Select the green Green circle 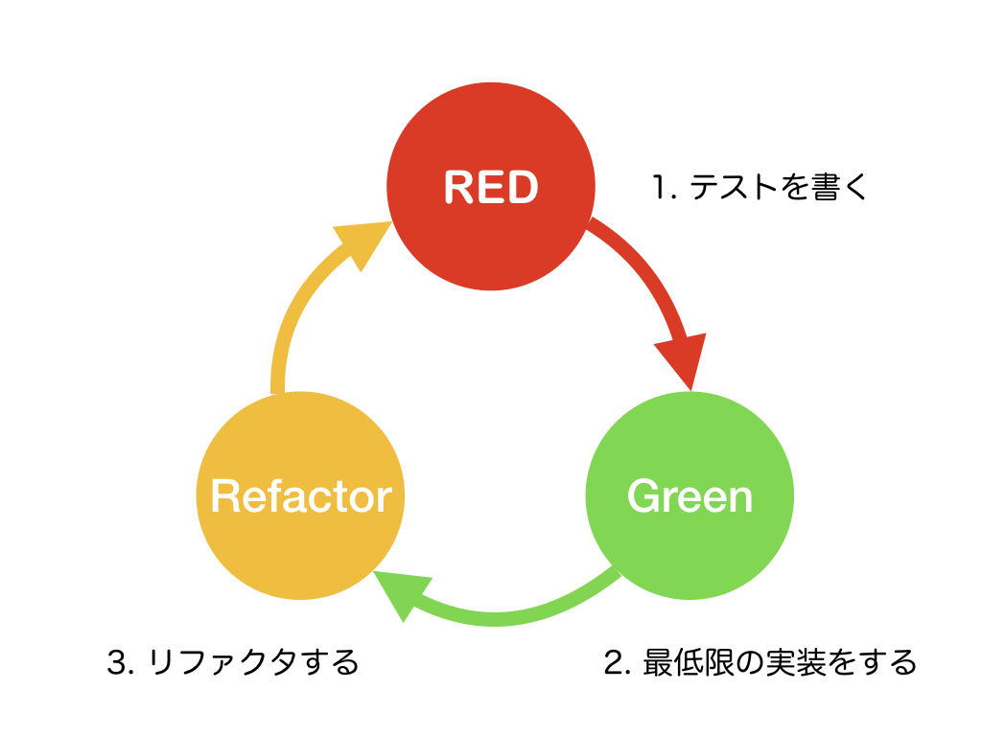[x=690, y=537]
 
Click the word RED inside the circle [x=490, y=188]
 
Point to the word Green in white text [x=690, y=496]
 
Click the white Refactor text [x=300, y=496]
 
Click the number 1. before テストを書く [x=664, y=187]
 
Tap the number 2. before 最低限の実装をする [x=617, y=662]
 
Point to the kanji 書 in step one [x=825, y=187]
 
